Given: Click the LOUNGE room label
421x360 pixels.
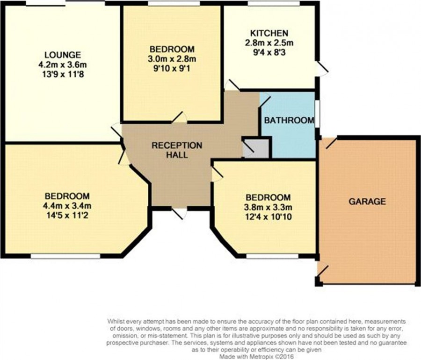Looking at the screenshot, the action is pyautogui.click(x=63, y=55).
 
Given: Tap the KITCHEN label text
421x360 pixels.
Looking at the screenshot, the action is pyautogui.click(x=269, y=33).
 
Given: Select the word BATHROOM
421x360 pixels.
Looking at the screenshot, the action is pyautogui.click(x=289, y=120).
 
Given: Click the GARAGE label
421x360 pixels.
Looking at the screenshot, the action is pyautogui.click(x=367, y=201).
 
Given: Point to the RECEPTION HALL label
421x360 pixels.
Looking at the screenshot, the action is pyautogui.click(x=177, y=150).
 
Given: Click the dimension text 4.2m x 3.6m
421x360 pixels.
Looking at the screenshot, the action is pyautogui.click(x=63, y=65).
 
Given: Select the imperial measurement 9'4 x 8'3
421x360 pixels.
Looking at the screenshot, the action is pyautogui.click(x=269, y=52).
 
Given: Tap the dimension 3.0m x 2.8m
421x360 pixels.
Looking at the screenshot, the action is pyautogui.click(x=172, y=59).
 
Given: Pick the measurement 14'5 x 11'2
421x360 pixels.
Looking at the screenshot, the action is pyautogui.click(x=67, y=216).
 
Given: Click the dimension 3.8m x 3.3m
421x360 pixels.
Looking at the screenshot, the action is pyautogui.click(x=268, y=207).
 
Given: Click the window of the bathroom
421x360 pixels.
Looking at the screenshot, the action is pyautogui.click(x=317, y=114).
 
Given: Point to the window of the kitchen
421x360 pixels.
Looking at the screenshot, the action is pyautogui.click(x=273, y=3).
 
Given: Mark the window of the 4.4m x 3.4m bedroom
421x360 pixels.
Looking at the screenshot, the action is pyautogui.click(x=65, y=257).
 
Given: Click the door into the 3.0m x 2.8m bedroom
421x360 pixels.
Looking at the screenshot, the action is pyautogui.click(x=179, y=118).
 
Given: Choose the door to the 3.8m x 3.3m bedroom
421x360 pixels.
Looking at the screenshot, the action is pyautogui.click(x=217, y=174).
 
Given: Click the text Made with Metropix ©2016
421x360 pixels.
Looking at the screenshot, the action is pyautogui.click(x=257, y=357).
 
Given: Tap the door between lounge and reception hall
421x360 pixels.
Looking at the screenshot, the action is pyautogui.click(x=116, y=131).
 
